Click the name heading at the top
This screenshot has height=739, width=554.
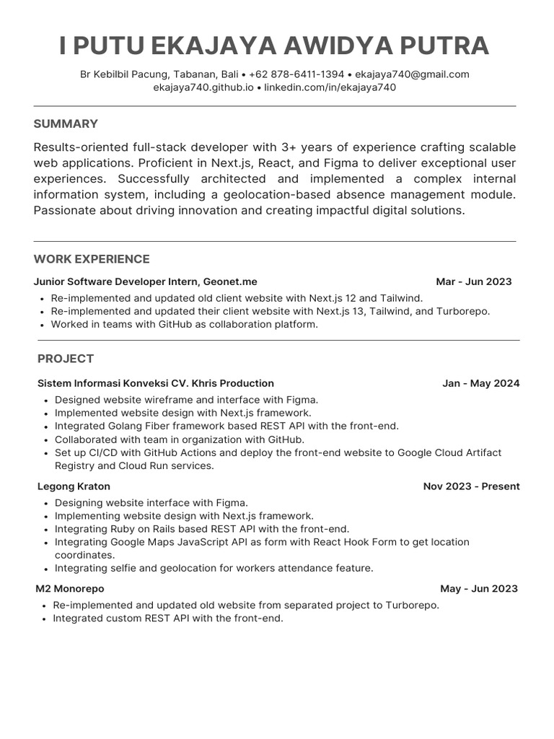click(274, 45)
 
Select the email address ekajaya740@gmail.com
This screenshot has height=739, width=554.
click(412, 74)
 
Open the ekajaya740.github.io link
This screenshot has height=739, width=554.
click(203, 87)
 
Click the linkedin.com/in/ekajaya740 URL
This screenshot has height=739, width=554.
click(330, 87)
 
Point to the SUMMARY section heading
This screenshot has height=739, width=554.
click(66, 124)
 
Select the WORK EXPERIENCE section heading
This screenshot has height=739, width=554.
click(92, 259)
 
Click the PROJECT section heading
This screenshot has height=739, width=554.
click(66, 359)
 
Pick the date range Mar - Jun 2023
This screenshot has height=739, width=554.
click(474, 281)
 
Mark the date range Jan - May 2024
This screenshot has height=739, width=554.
click(480, 383)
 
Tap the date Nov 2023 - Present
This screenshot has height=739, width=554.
click(471, 486)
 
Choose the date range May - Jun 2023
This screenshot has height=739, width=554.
click(478, 589)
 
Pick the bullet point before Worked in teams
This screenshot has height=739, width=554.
click(43, 325)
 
